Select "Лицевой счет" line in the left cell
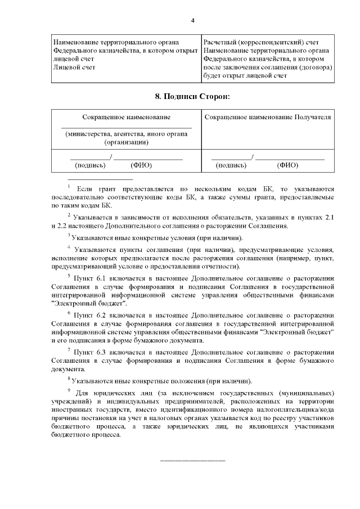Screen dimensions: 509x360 73,67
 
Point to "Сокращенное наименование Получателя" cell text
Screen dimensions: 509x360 267,117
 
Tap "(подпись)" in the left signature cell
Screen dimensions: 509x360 90,165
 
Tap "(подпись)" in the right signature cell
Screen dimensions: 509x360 231,165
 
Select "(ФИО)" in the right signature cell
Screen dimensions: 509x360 287,165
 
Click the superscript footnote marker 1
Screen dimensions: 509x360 68,187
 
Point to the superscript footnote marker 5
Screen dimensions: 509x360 68,276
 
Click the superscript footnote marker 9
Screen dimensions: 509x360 68,390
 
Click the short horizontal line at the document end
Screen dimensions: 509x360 193,461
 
